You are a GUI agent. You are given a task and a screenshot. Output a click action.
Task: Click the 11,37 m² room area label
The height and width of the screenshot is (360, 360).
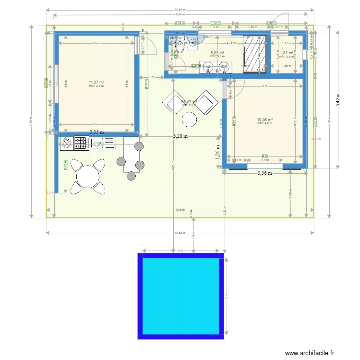tap(96, 83)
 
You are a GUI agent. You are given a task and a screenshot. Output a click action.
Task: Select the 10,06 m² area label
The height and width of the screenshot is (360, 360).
tap(264, 120)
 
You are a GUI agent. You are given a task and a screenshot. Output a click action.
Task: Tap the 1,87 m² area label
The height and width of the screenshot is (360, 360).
tap(287, 53)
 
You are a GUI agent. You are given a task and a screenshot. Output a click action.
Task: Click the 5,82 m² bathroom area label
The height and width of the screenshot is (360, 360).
tap(217, 53)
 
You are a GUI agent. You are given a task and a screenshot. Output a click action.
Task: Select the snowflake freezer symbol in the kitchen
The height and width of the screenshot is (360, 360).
tap(67, 143)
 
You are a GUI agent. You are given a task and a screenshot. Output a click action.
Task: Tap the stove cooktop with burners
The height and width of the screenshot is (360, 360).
tap(81, 143)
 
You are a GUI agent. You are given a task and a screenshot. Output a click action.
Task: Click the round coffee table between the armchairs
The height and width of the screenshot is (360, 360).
tap(190, 119)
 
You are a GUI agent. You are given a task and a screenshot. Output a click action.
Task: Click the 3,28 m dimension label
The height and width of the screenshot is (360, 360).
tap(180, 136)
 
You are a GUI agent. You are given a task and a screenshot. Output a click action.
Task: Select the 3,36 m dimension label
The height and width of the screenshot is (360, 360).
tap(264, 173)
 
